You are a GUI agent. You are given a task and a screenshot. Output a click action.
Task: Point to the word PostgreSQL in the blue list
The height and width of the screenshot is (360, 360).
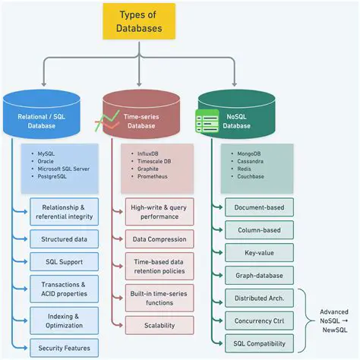(x=56, y=177)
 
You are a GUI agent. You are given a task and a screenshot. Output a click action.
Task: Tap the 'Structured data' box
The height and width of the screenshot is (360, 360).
(x=64, y=239)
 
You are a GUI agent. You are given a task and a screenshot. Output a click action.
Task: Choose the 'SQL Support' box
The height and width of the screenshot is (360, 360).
(x=64, y=262)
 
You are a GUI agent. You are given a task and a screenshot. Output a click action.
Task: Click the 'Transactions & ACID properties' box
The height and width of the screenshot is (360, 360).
(x=64, y=289)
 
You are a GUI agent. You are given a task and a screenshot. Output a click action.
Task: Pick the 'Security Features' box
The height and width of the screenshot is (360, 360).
(x=64, y=348)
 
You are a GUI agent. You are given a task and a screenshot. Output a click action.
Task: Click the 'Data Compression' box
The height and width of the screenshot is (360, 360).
(x=159, y=239)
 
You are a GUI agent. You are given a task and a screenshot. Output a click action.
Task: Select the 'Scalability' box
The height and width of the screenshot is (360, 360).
(x=159, y=325)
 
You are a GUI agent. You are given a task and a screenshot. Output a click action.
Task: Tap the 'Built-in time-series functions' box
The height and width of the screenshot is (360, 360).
(x=159, y=297)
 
